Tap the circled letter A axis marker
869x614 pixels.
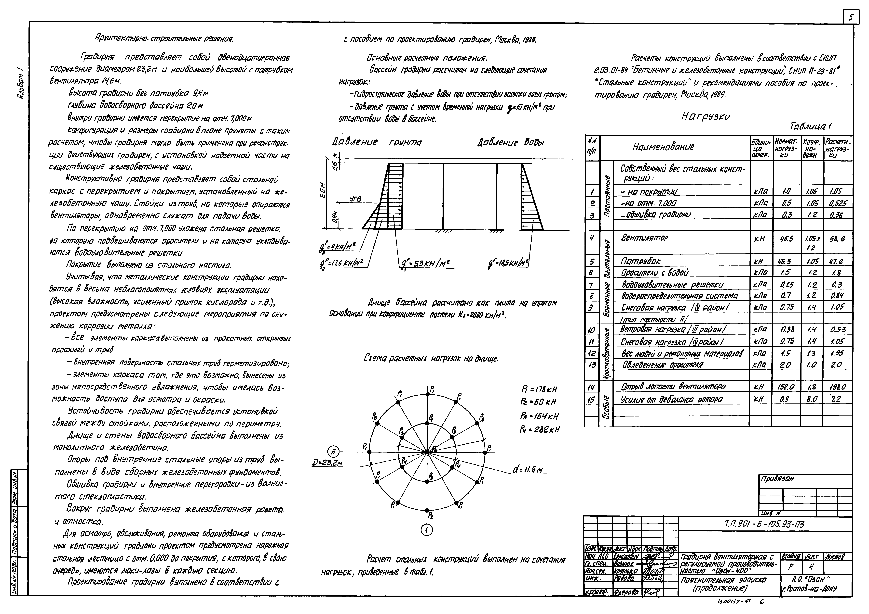pos(333,451)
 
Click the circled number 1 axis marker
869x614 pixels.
pos(427,531)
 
